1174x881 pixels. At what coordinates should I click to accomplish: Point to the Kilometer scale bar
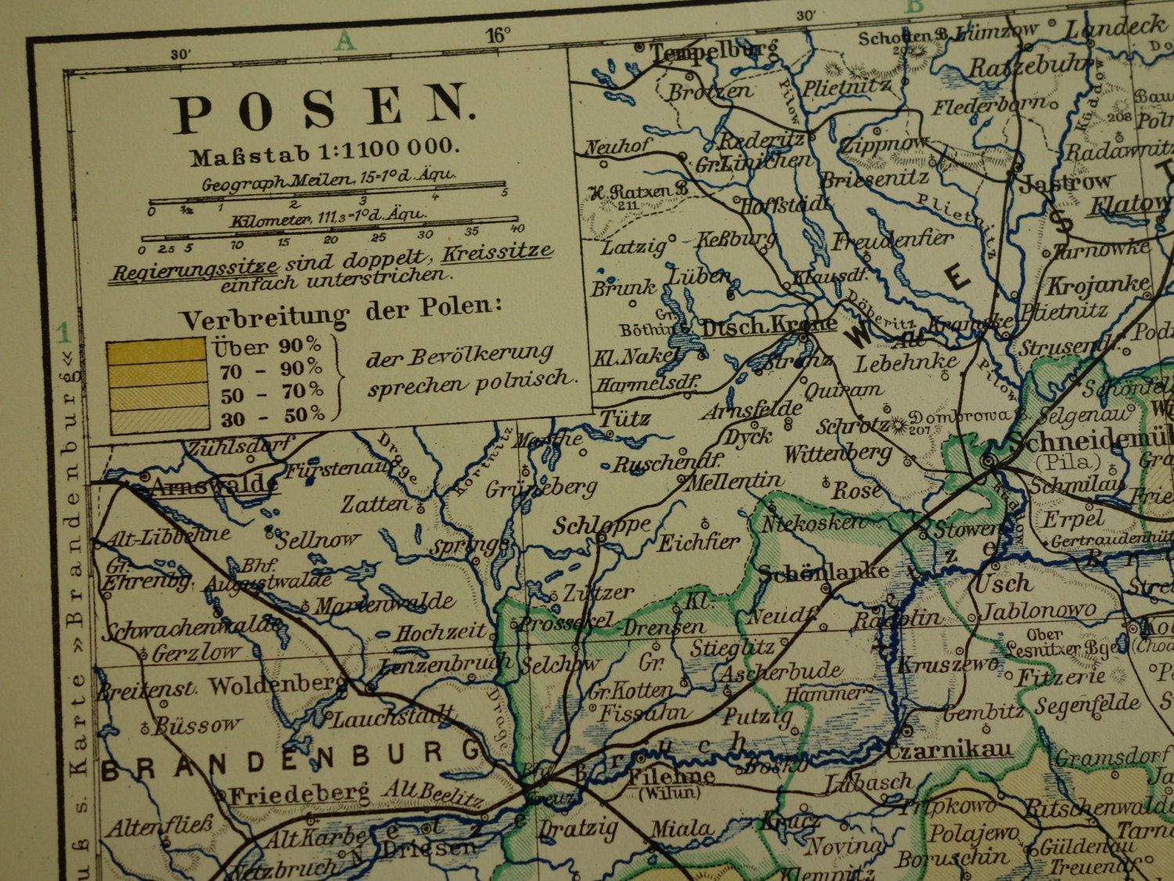click(329, 235)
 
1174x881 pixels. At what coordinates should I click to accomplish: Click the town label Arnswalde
click(213, 486)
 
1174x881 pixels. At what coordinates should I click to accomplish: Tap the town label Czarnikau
click(949, 750)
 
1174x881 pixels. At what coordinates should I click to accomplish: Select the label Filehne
click(671, 777)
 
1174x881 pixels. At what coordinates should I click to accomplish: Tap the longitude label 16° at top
click(498, 35)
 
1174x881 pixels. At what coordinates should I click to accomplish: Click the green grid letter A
click(344, 42)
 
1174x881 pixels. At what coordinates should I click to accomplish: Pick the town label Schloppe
click(601, 525)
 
